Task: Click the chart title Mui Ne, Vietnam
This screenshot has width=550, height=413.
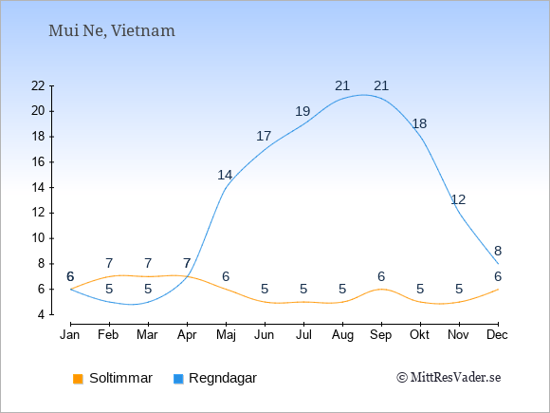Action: [112, 31]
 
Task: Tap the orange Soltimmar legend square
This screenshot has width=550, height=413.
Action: [78, 379]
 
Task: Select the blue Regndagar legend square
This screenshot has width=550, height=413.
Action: [178, 379]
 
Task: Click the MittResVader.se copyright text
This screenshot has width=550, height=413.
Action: [449, 378]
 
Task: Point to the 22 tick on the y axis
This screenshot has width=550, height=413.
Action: [38, 85]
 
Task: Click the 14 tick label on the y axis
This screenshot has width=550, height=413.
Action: [38, 188]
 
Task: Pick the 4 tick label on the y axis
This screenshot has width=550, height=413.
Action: [42, 314]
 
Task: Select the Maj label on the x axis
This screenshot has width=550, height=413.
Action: [226, 335]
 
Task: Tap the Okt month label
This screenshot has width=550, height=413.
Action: [419, 335]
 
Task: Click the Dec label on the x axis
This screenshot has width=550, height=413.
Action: [498, 335]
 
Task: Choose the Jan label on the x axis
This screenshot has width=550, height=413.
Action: [70, 335]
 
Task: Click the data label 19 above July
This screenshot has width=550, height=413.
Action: [302, 111]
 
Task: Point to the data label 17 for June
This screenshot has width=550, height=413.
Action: [264, 136]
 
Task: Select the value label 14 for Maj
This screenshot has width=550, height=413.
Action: [225, 175]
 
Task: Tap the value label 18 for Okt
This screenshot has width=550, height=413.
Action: [419, 123]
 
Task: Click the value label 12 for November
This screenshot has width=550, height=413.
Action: [458, 199]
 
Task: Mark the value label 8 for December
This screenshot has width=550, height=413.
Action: [498, 251]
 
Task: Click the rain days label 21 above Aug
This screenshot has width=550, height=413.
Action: [342, 85]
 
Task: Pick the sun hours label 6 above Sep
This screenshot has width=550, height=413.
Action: [381, 276]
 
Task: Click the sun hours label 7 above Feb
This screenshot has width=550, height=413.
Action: [109, 263]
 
